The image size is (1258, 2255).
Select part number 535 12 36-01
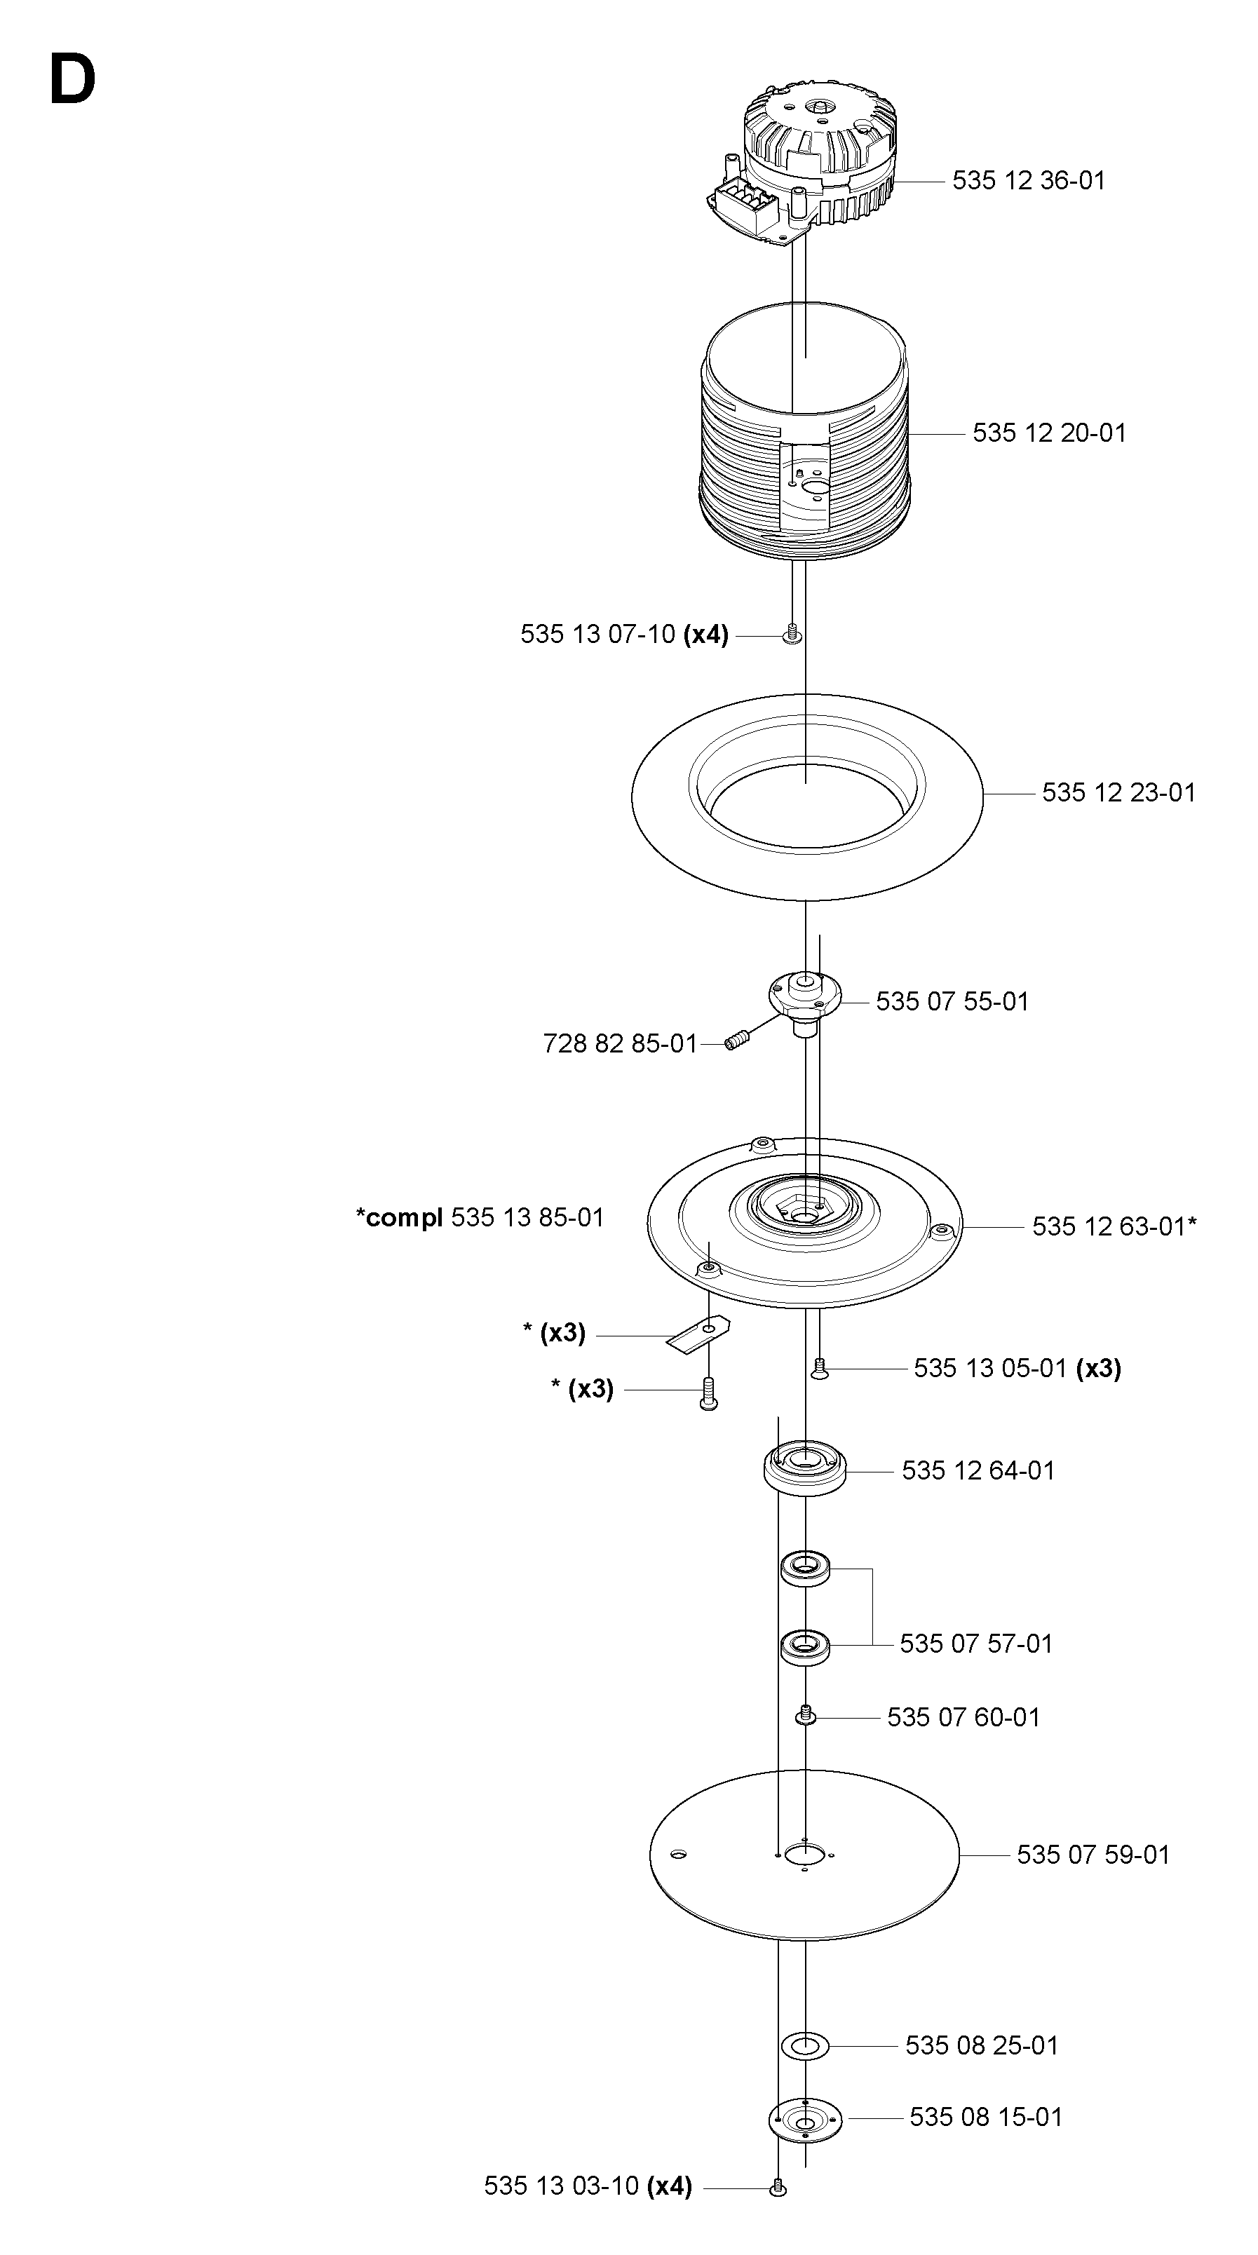pyautogui.click(x=1029, y=180)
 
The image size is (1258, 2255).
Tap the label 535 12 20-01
pyautogui.click(x=1049, y=433)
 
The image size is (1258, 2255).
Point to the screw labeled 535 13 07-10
pyautogui.click(x=792, y=634)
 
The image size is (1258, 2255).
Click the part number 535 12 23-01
pyautogui.click(x=1118, y=792)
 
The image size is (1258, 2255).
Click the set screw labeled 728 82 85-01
pyautogui.click(x=738, y=1042)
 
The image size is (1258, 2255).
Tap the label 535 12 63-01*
pyautogui.click(x=1114, y=1226)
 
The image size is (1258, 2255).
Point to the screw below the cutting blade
pyautogui.click(x=709, y=1393)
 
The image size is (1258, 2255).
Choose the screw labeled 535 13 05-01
pyautogui.click(x=820, y=1368)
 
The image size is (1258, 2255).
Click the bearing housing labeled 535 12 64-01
pyautogui.click(x=806, y=1470)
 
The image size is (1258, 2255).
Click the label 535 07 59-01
pyautogui.click(x=1093, y=1854)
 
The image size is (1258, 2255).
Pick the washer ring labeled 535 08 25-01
pyautogui.click(x=804, y=2046)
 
